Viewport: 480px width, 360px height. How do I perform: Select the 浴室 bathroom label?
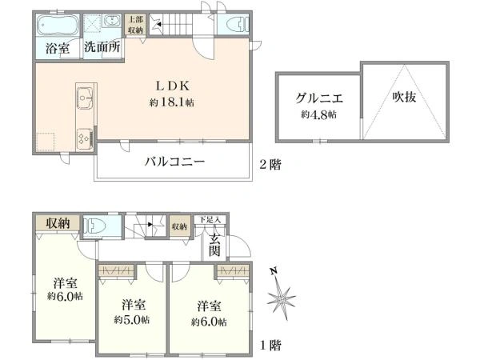tap(56, 49)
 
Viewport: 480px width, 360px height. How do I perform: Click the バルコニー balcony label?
tap(175, 162)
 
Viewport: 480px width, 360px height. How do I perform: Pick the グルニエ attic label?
tap(319, 100)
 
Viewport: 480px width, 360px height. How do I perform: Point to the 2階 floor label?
tap(270, 165)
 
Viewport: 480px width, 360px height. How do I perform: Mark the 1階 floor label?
tap(270, 346)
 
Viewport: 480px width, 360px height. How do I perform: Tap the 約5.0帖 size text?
tap(133, 319)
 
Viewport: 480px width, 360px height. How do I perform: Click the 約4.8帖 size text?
tap(319, 115)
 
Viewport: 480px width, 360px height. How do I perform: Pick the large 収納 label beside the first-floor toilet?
tap(57, 223)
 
